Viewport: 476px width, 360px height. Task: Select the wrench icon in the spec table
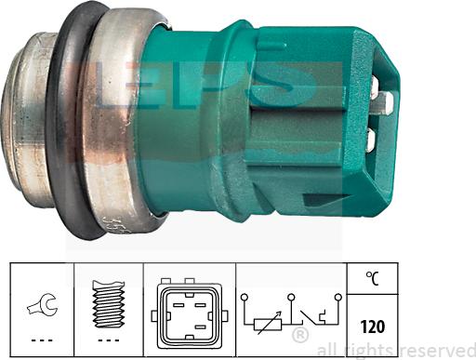(x=41, y=300)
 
